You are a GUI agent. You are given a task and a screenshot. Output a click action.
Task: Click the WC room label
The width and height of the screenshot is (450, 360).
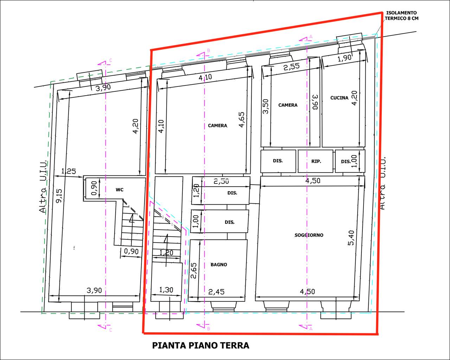120,190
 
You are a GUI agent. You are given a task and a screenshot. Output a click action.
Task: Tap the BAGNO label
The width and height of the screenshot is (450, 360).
219,265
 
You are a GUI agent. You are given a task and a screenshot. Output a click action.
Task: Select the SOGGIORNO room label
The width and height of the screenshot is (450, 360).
309,235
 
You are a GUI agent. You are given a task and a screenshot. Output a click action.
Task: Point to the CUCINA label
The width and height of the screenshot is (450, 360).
339,98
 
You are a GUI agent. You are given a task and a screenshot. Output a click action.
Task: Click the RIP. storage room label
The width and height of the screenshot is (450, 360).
316,161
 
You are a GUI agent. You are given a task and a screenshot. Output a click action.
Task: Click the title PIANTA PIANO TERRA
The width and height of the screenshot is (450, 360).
200,345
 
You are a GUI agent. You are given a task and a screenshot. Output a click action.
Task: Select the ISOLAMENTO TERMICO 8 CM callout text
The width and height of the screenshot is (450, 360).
401,16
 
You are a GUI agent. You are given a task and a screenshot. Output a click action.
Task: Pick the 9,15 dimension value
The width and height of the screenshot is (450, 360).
59,196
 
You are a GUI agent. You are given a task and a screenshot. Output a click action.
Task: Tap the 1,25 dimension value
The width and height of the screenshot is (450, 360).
69,171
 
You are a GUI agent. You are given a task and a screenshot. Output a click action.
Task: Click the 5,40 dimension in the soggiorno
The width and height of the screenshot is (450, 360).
352,238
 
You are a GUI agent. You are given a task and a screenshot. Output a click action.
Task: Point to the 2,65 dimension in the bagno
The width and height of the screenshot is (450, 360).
194,271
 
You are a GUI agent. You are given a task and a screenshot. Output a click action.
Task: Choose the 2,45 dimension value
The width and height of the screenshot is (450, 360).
217,291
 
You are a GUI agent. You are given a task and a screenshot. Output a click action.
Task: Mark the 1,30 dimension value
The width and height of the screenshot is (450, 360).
166,290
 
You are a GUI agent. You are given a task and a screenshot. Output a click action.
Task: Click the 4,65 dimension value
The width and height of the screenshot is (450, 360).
241,120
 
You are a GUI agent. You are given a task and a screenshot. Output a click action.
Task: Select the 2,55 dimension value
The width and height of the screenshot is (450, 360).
291,67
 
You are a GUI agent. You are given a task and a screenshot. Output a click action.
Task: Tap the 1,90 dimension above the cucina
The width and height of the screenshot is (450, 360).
345,58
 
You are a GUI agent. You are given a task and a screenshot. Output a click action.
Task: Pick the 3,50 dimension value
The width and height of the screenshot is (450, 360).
265,107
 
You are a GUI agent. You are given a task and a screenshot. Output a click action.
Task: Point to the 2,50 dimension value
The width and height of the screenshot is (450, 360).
221,181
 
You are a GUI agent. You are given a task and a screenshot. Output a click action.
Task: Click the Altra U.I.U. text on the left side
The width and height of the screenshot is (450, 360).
43,187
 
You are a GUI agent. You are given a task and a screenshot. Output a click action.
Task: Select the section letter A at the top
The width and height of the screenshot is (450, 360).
311,37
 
